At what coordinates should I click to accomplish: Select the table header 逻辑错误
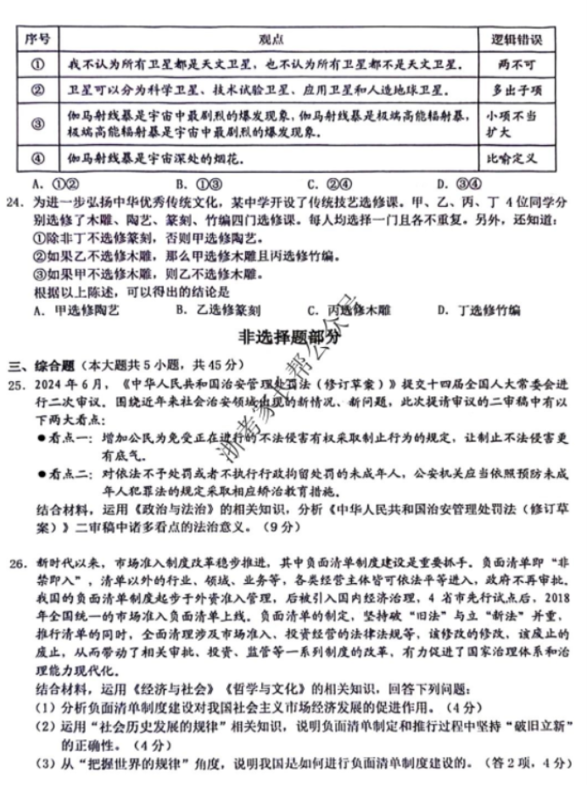[x=516, y=40]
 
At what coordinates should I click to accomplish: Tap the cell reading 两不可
[x=515, y=64]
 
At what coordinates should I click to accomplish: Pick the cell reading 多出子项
[x=515, y=90]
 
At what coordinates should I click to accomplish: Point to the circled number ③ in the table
[x=37, y=124]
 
